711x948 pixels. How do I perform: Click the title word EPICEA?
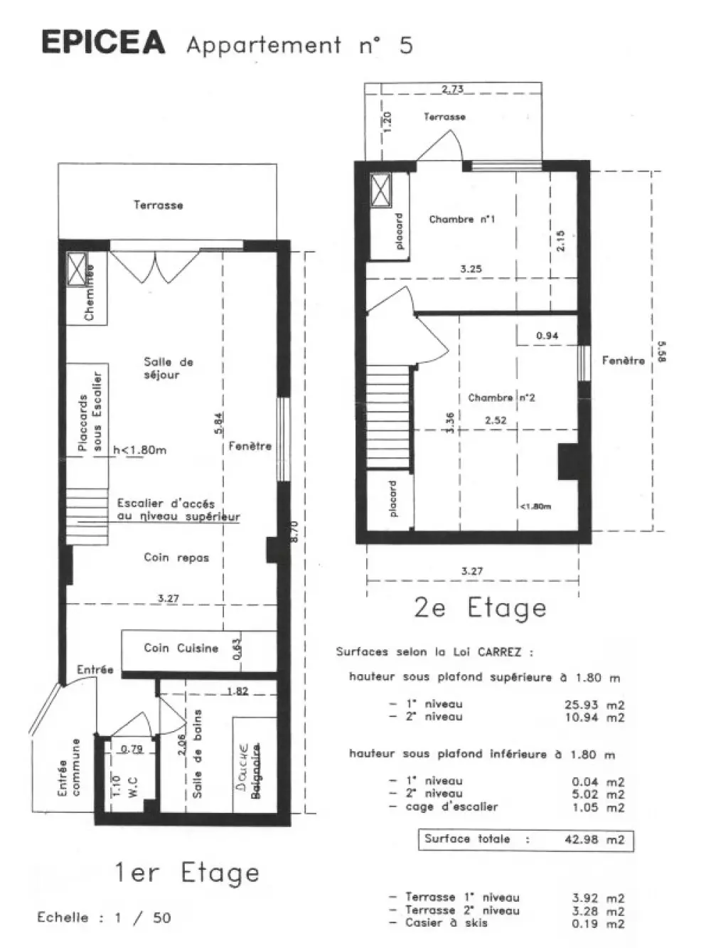(x=103, y=43)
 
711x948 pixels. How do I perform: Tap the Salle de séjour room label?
(x=168, y=368)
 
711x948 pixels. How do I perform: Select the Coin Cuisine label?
(x=181, y=648)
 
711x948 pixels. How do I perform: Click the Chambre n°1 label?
(x=461, y=220)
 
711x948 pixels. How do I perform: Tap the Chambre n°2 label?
(x=501, y=398)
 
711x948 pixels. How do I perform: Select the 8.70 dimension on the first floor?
(x=294, y=532)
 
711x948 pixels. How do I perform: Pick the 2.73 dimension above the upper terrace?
(x=452, y=89)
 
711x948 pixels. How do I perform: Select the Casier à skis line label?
(x=446, y=922)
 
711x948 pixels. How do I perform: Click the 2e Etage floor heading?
(x=480, y=608)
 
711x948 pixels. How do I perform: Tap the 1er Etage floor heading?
(x=187, y=873)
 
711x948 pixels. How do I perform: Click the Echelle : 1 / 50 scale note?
(x=104, y=917)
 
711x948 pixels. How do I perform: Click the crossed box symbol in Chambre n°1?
(x=380, y=191)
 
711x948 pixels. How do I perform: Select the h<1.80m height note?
(x=140, y=449)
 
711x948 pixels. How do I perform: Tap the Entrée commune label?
(x=69, y=767)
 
